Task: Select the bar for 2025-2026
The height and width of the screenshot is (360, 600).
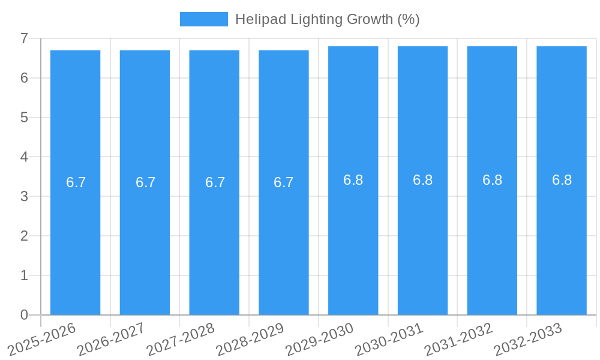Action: [x=75, y=240]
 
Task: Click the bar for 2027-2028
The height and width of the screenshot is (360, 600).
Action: [x=214, y=240]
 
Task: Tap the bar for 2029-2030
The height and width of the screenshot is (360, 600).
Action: [x=353, y=240]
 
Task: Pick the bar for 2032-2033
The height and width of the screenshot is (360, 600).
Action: [x=562, y=240]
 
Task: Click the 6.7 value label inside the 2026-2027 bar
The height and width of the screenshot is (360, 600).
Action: [x=145, y=182]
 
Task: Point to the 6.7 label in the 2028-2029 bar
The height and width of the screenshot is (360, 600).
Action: [x=283, y=182]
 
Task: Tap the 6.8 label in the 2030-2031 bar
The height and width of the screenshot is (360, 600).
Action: [x=422, y=180]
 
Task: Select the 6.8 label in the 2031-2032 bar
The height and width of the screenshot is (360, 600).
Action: [x=492, y=180]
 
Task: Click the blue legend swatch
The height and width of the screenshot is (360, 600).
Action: [x=203, y=19]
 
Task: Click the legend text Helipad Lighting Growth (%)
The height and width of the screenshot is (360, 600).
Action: [x=327, y=19]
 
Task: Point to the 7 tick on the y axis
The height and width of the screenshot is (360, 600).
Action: [x=24, y=38]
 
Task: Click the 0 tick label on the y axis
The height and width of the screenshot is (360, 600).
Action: [x=24, y=315]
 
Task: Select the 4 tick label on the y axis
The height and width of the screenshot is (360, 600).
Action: [x=24, y=157]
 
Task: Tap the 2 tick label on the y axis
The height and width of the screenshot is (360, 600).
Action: [x=24, y=236]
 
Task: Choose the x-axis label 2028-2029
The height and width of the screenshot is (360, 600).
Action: [x=251, y=338]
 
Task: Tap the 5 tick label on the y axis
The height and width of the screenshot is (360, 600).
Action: [x=24, y=118]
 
